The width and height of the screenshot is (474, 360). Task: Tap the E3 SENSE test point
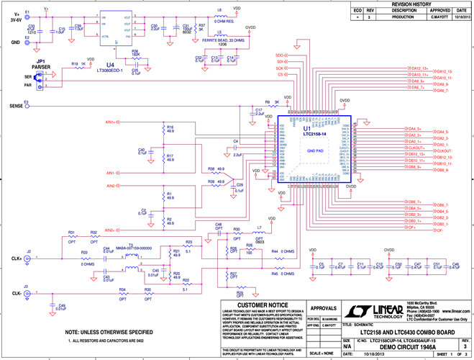coord(27,105)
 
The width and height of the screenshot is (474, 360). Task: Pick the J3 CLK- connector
coord(28,293)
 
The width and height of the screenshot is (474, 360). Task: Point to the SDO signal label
coord(280,55)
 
